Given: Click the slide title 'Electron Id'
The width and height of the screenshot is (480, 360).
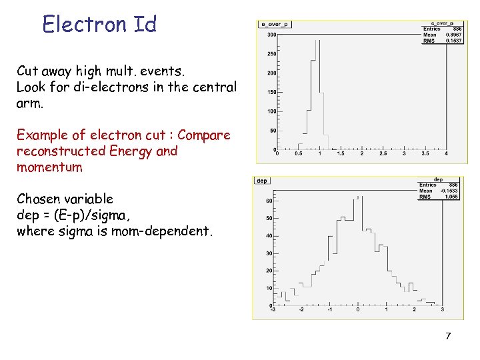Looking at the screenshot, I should [x=99, y=24].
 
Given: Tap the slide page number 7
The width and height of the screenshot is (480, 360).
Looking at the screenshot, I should [x=448, y=336].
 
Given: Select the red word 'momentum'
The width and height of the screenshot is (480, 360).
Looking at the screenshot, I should [x=49, y=167].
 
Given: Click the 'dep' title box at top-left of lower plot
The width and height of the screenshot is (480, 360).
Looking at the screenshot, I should [x=262, y=180].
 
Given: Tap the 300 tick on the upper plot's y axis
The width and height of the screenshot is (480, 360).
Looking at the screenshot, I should [x=271, y=35].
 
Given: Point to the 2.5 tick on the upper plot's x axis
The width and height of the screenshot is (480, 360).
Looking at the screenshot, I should [x=382, y=153].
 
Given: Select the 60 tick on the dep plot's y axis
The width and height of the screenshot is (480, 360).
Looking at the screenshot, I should [x=269, y=200].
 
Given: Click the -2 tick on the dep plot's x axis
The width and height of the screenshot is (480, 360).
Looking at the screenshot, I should [x=301, y=309].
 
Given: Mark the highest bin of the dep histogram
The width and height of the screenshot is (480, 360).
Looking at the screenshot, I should [x=358, y=198].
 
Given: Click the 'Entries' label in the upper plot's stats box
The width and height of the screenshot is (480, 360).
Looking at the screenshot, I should [x=431, y=28].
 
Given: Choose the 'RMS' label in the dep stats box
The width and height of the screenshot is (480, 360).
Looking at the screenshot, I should [x=425, y=197].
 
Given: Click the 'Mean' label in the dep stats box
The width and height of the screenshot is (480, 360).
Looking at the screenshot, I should [x=425, y=191].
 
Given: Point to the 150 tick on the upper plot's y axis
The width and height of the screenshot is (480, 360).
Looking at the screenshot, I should [x=271, y=92].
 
